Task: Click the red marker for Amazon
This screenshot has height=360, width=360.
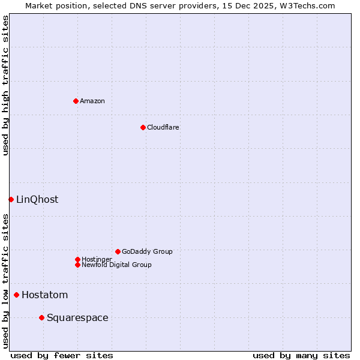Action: coord(76,101)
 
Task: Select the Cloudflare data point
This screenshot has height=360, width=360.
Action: coord(143,127)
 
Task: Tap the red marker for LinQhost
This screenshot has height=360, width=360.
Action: coord(11,199)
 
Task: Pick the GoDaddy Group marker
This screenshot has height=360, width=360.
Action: coord(118,251)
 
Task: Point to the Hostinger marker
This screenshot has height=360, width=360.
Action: coord(77,259)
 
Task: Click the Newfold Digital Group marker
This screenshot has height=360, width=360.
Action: coord(77,265)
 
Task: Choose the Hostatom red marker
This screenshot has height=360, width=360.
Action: coord(16,295)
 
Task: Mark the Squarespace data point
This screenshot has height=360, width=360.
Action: coord(41,317)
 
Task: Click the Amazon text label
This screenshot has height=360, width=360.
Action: coord(92,101)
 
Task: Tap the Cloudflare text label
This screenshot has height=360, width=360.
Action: coord(163,127)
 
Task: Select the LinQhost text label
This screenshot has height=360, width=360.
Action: coord(37,199)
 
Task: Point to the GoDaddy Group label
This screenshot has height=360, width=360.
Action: coord(147,251)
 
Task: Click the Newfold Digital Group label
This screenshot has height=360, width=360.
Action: coord(116,265)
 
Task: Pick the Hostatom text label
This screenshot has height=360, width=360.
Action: coord(44,295)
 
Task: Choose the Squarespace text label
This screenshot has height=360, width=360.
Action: coord(77,317)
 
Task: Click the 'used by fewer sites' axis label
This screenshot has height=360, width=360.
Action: coord(62,355)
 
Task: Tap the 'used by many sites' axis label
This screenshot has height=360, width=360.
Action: coord(301,355)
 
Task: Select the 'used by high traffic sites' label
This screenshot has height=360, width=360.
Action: coord(5,85)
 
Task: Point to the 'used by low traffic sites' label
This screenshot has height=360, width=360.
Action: coord(5,281)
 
